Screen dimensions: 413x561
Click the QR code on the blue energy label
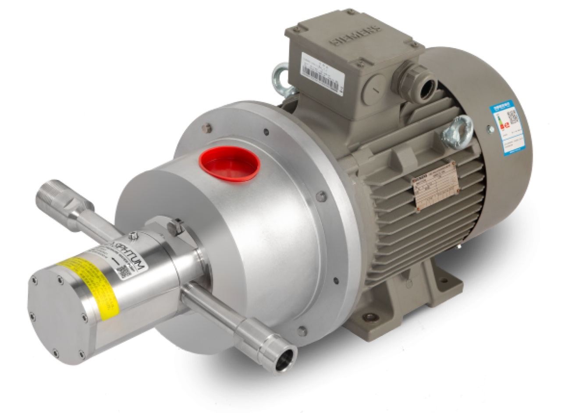513,117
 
